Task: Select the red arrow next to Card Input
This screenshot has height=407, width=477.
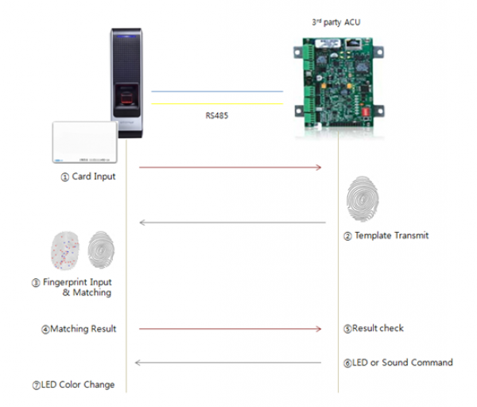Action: [x=231, y=168]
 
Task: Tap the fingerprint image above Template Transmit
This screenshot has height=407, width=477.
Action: [x=363, y=198]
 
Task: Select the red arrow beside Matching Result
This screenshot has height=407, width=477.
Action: [x=231, y=328]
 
